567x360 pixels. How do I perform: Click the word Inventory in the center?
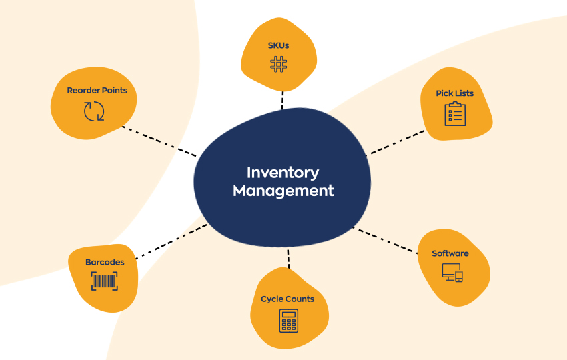click(x=283, y=173)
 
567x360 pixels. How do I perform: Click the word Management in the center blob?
click(x=283, y=191)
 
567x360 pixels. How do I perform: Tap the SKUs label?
click(x=278, y=45)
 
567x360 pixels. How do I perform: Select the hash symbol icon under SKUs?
click(x=278, y=64)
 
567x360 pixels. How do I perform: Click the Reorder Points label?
click(x=97, y=90)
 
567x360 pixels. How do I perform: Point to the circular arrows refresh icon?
click(x=94, y=111)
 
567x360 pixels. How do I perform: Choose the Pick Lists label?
click(x=454, y=93)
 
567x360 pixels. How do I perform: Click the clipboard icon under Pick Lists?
click(x=454, y=114)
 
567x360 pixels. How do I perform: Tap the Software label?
click(x=450, y=253)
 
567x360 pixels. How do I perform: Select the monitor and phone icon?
click(x=452, y=272)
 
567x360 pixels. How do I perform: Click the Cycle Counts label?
click(x=288, y=299)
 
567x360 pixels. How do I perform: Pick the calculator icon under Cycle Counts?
click(x=288, y=320)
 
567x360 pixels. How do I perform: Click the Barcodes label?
click(x=105, y=262)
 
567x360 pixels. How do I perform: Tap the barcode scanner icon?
click(x=104, y=281)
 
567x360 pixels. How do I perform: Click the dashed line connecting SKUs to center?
click(x=282, y=100)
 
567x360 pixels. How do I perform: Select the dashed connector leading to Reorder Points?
click(x=160, y=140)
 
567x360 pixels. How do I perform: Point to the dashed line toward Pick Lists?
click(x=397, y=142)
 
